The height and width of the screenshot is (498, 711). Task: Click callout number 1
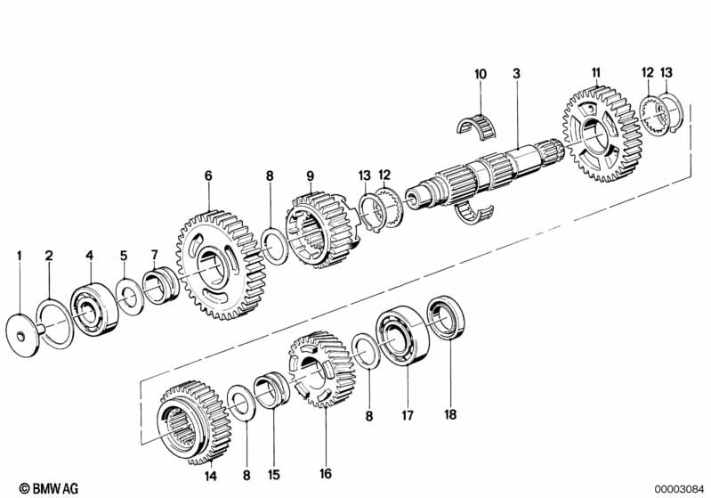coord(19,256)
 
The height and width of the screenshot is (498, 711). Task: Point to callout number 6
coord(208,176)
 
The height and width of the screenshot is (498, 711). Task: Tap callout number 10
coord(481,74)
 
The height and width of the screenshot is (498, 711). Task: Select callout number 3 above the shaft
coord(515,74)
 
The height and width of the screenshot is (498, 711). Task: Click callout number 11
coord(596,71)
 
